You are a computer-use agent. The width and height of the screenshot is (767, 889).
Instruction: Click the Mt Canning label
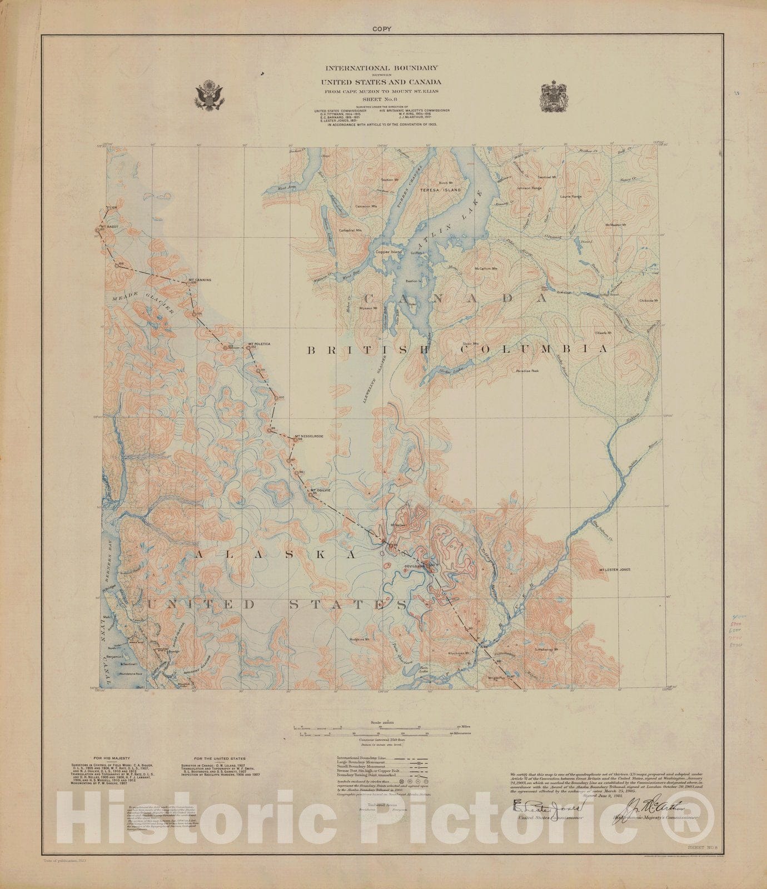coord(200,279)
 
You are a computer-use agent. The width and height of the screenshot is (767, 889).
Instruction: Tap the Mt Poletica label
coord(260,344)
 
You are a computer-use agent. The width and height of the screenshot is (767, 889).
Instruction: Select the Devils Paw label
coord(414,566)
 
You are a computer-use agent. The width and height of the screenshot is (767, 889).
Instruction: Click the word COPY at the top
coord(382,29)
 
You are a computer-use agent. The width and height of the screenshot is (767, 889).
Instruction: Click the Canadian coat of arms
coord(554,96)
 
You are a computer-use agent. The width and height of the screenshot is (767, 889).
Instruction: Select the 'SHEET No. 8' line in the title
coord(382,99)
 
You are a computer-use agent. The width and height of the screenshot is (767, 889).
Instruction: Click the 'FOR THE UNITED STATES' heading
coord(220,758)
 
